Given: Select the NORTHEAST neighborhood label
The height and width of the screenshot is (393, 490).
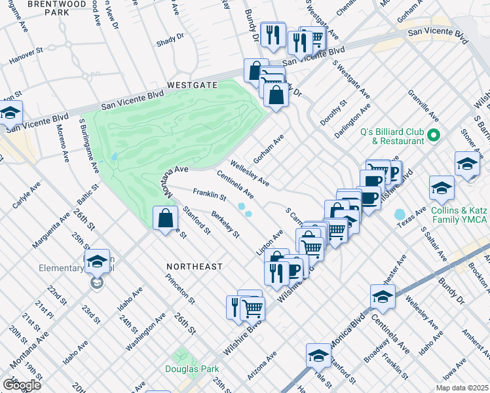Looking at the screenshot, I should pyautogui.click(x=194, y=267).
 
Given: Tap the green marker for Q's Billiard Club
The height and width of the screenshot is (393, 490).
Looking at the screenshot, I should pyautogui.click(x=433, y=136).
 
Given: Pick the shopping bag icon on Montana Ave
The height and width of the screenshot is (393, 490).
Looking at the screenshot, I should pyautogui.click(x=166, y=218).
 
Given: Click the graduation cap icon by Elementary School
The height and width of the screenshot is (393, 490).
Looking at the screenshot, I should pyautogui.click(x=97, y=261).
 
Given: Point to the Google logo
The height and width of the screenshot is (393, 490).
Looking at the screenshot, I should pyautogui.click(x=22, y=384).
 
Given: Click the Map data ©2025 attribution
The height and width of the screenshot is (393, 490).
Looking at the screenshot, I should pyautogui.click(x=461, y=388).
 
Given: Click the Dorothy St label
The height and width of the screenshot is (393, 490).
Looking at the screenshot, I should pyautogui.click(x=333, y=113).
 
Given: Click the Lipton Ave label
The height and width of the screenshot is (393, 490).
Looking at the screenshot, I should pyautogui.click(x=269, y=243).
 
